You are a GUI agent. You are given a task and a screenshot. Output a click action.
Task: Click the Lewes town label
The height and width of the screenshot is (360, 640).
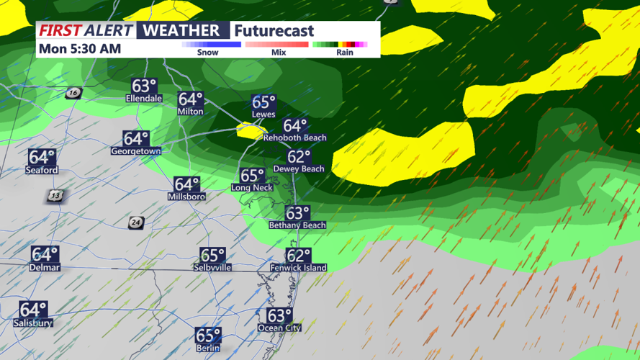(x=263, y=114)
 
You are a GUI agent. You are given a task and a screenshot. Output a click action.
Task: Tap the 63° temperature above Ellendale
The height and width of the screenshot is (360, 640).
(x=144, y=86)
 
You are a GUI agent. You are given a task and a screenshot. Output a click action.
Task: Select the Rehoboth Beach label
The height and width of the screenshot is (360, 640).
(x=294, y=138)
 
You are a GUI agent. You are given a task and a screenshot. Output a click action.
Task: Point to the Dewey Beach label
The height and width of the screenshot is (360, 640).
(x=299, y=168)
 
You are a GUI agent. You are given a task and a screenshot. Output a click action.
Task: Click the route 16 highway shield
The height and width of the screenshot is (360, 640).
(x=73, y=93)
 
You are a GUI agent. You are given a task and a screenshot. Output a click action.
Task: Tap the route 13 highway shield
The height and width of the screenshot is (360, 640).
(x=55, y=196)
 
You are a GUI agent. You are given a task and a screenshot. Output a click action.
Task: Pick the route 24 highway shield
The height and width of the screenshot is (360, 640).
(x=135, y=223)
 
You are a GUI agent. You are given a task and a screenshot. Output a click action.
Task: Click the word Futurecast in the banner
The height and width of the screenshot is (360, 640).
(x=274, y=31)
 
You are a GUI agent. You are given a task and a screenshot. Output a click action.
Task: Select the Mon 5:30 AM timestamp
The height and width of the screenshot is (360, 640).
(x=80, y=49)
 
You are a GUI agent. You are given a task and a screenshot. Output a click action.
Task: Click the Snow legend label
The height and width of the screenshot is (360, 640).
(x=207, y=53)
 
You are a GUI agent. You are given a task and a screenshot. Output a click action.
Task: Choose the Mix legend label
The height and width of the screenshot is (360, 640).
(x=279, y=53)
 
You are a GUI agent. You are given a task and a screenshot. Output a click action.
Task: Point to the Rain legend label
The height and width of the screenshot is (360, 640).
(x=345, y=53)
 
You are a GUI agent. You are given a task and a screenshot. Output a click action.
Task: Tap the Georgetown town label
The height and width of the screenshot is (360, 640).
(x=135, y=151)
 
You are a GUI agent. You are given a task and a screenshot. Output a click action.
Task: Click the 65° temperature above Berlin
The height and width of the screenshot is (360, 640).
(x=208, y=335)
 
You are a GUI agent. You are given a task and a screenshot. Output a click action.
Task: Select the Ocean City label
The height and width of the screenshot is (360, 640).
(x=279, y=328)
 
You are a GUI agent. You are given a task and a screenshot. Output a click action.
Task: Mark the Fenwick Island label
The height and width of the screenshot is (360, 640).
(x=298, y=268)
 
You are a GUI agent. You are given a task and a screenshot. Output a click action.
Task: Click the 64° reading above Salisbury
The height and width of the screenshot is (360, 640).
(x=33, y=310)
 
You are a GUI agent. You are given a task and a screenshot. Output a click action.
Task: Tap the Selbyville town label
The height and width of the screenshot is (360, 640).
(x=212, y=267)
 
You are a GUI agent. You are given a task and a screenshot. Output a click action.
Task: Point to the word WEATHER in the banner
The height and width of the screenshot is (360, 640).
(x=181, y=30)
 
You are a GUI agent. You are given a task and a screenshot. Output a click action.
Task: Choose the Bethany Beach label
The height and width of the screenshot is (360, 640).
(x=297, y=225)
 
